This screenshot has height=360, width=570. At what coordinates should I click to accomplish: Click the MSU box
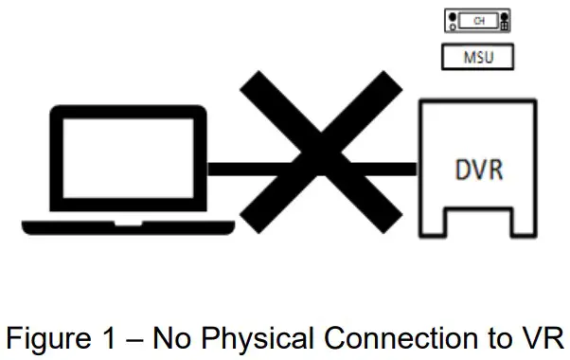coord(478,58)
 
